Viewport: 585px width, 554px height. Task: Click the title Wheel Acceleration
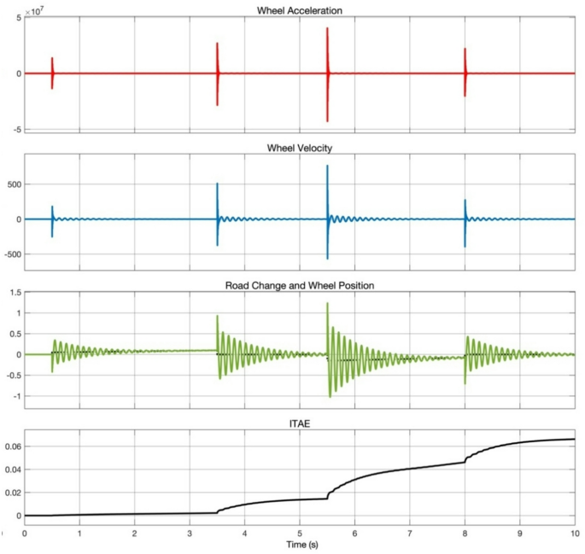(300, 10)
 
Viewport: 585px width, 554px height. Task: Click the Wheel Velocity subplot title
(300, 148)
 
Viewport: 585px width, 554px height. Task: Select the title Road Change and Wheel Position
(300, 285)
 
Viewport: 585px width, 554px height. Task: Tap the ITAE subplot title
(300, 422)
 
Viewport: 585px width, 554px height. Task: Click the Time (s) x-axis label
(300, 545)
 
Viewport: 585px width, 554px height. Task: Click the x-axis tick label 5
(300, 534)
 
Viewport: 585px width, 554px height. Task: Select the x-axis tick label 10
(574, 534)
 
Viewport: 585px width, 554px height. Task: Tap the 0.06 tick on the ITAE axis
(11, 446)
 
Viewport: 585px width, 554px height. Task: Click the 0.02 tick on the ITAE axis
(11, 493)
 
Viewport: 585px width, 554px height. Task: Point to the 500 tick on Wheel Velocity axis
(12, 184)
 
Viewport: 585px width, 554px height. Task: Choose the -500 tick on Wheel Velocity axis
(10, 254)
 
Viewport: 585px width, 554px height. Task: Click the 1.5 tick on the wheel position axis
(14, 293)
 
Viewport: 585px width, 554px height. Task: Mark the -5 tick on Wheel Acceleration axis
(15, 130)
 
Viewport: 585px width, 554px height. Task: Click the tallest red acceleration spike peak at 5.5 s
(327, 29)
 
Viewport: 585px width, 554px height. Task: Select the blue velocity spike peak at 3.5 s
(217, 184)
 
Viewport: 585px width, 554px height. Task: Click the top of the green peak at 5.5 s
(327, 304)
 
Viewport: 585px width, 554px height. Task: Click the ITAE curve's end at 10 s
(574, 440)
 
